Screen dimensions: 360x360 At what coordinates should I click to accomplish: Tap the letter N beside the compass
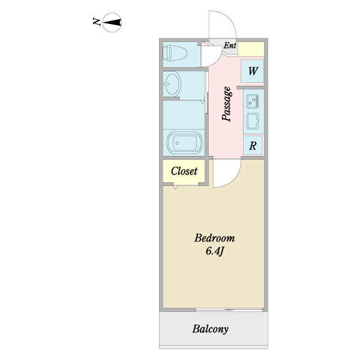coord(96,22)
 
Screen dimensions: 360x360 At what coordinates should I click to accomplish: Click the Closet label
coord(184,171)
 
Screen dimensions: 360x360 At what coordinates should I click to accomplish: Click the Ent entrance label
coord(230,45)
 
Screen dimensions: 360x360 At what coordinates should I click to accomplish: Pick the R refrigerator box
coord(253,145)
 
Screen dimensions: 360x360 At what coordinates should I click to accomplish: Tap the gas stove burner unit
coord(252,100)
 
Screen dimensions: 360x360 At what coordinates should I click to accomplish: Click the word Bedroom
coord(214,238)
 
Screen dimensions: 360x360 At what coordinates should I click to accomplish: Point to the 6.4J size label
coord(214,251)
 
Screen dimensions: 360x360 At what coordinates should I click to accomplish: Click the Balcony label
coord(211,329)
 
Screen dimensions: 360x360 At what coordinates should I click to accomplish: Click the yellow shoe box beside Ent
coord(253,49)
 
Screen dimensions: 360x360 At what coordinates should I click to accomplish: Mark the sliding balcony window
coord(229,310)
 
